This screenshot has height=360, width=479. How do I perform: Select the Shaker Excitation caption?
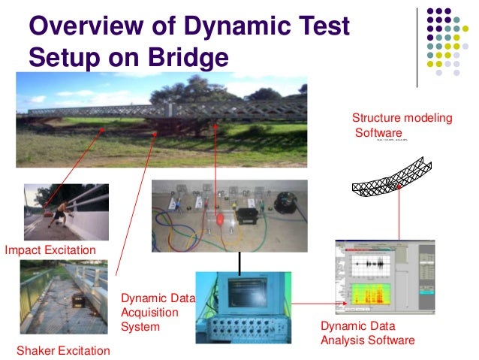[x=63, y=350]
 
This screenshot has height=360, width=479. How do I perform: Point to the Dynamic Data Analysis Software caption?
[x=367, y=334]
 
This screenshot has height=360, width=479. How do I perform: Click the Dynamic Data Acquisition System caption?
[x=158, y=313]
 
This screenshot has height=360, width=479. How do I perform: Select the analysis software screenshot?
[x=384, y=276]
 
